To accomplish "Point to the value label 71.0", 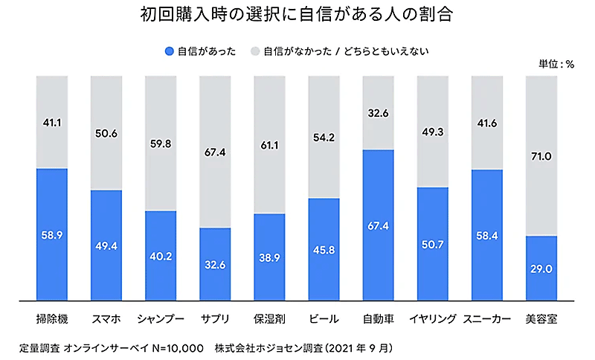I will point(541,156).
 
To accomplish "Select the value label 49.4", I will point(106,246).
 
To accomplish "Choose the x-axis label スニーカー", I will point(487,319).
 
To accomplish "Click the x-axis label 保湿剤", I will point(269,319).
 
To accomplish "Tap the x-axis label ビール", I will point(324,319).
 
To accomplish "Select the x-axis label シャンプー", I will point(161,319).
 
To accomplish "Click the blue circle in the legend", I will point(170,51).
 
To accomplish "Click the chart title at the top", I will point(297,15).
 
